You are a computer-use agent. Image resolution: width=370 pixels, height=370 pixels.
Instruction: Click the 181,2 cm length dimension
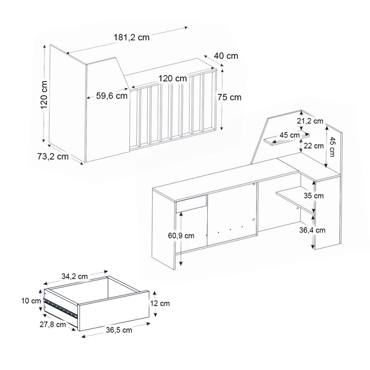click(132, 37)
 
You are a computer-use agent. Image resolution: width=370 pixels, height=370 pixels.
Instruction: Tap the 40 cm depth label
click(226, 56)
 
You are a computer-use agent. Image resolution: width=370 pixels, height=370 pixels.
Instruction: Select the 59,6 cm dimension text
click(112, 96)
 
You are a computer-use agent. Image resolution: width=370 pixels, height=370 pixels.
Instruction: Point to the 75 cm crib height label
click(229, 97)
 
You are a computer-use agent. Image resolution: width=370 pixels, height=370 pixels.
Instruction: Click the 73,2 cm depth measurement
click(53, 156)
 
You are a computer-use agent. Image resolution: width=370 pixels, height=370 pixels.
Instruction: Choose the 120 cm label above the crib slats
click(173, 78)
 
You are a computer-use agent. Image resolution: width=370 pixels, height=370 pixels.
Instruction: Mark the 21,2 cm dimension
click(310, 121)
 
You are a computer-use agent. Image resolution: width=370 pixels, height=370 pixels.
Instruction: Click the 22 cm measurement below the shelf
click(314, 146)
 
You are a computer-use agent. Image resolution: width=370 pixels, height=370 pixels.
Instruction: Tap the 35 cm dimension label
click(314, 196)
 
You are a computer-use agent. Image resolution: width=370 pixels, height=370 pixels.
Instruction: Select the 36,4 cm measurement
click(312, 230)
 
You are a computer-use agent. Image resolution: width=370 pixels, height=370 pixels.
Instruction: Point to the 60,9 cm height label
click(181, 235)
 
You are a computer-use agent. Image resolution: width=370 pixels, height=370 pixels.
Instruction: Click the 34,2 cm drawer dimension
click(74, 276)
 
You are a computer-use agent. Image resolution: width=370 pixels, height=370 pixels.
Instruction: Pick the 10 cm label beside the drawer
click(31, 301)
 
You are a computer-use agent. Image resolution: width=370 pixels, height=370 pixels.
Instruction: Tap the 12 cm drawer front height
click(160, 303)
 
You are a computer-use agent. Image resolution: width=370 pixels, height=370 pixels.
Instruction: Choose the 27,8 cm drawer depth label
click(53, 325)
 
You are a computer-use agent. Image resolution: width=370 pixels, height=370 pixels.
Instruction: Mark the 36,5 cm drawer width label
click(119, 330)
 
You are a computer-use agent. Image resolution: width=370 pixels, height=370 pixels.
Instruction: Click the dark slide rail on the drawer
click(61, 308)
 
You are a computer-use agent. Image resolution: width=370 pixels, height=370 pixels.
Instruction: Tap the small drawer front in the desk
click(191, 204)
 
